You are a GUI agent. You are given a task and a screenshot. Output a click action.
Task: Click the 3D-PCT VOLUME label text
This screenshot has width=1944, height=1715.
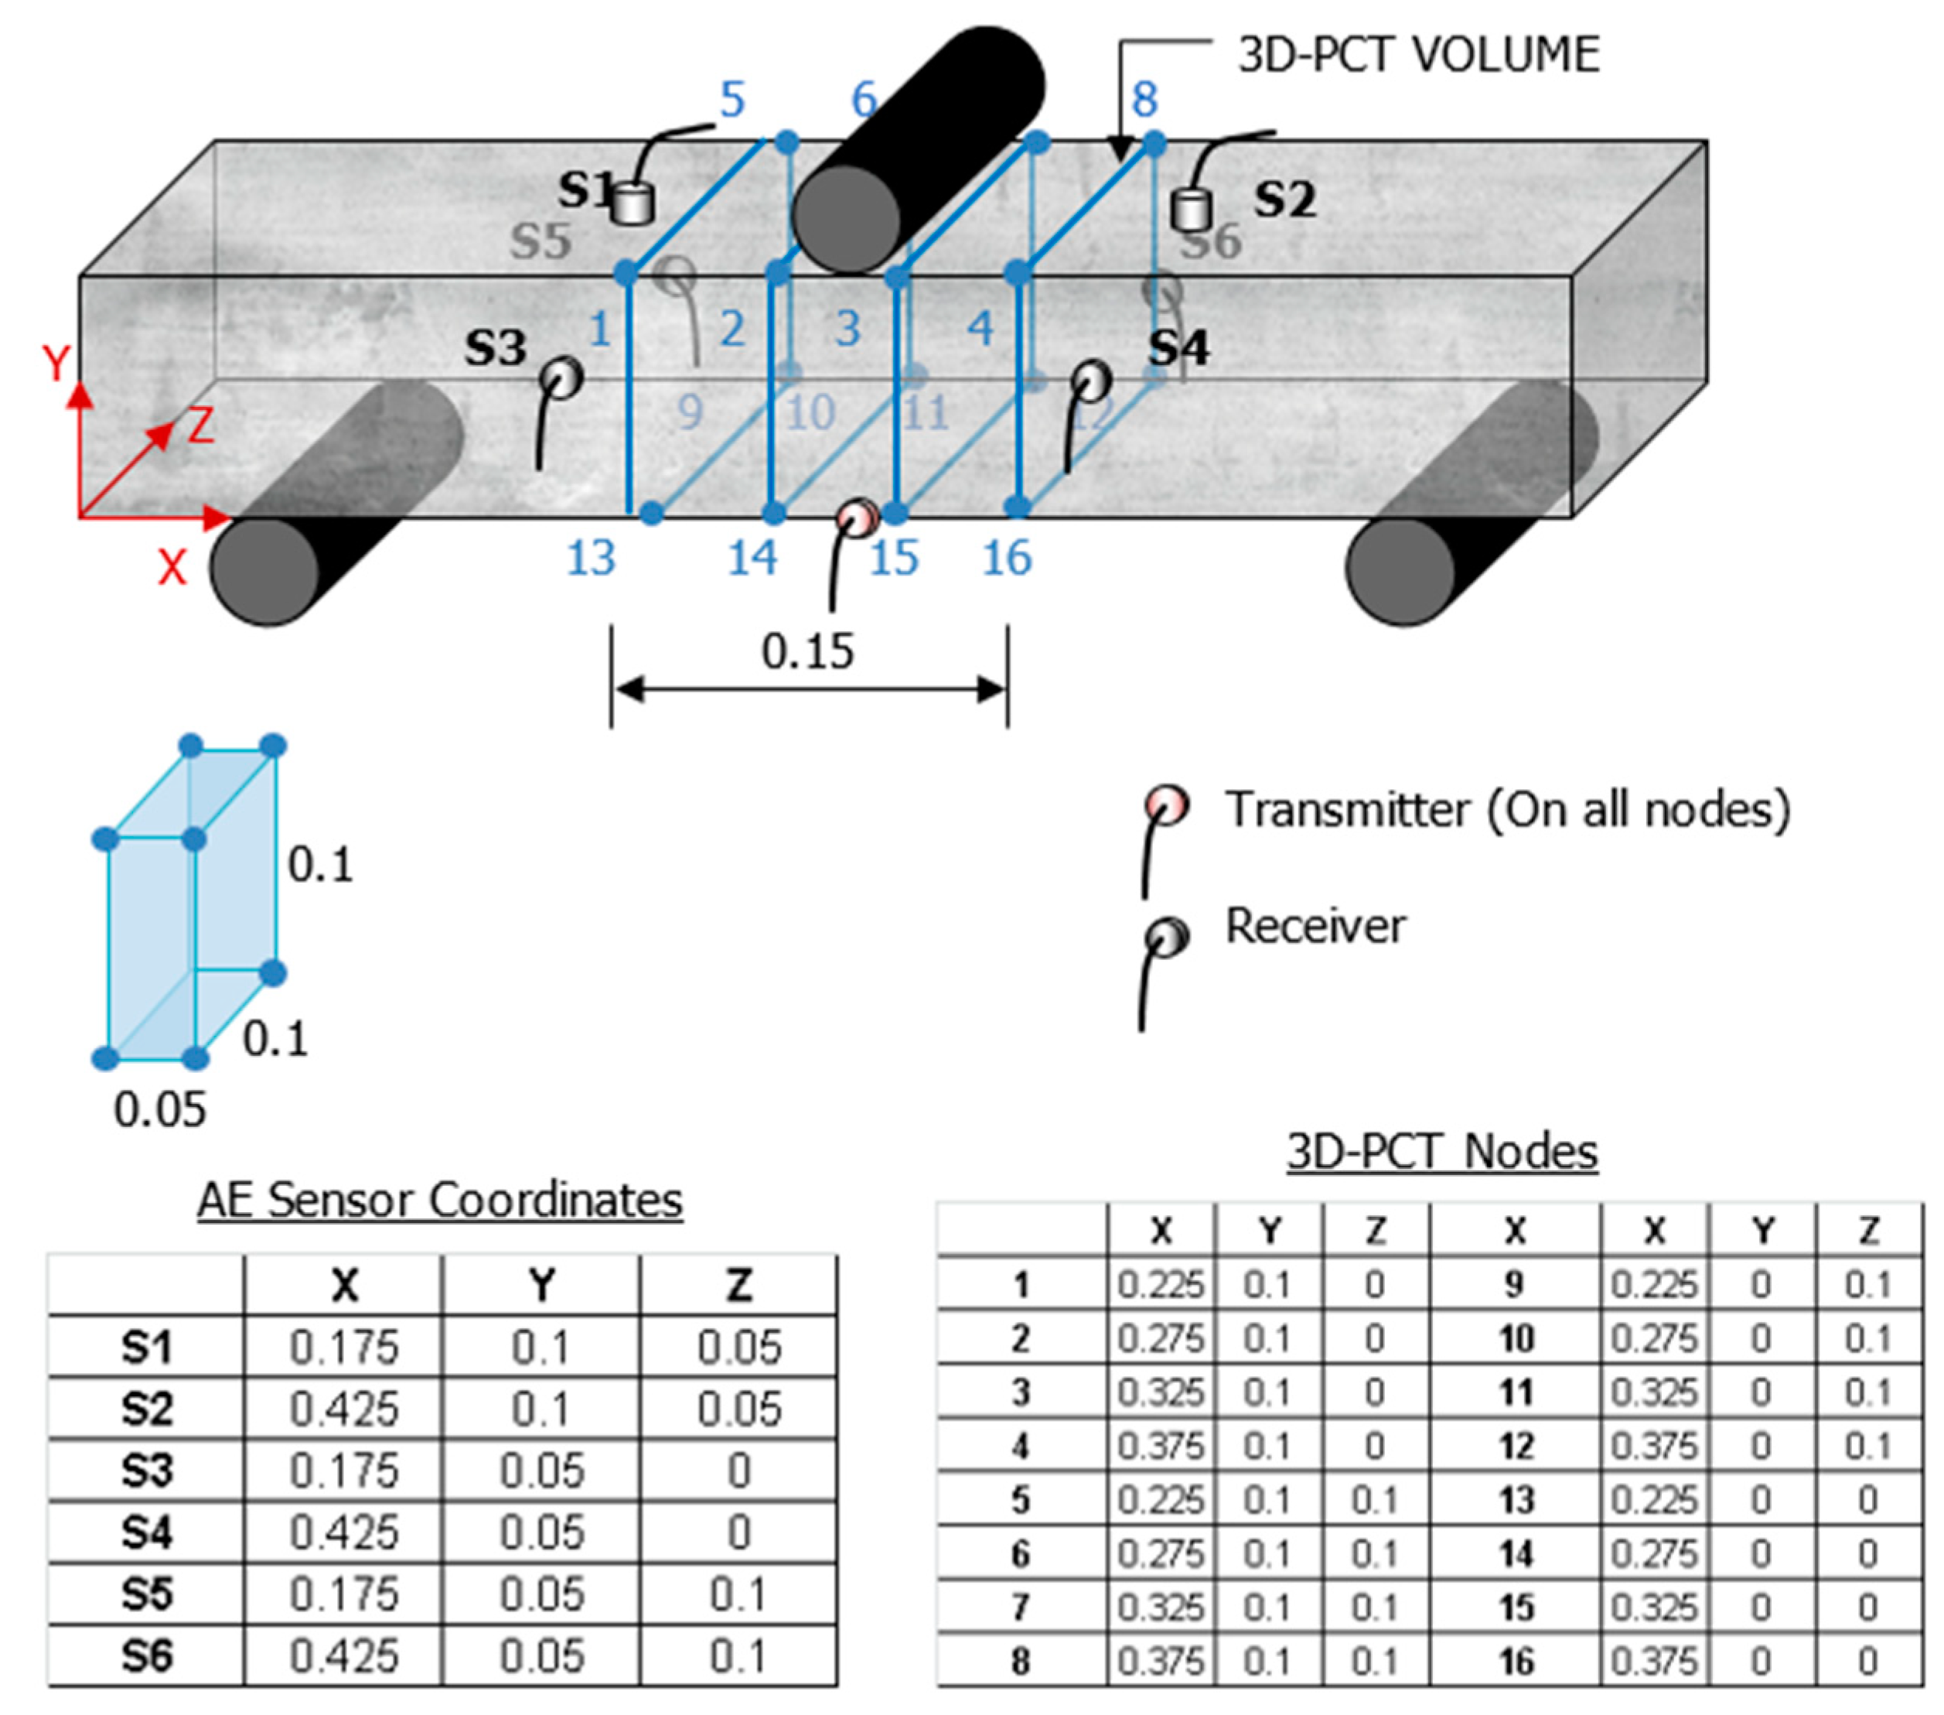1417,54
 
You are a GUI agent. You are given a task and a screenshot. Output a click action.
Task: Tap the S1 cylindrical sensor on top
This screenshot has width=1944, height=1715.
632,203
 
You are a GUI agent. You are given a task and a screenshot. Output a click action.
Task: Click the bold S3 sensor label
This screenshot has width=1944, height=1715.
495,347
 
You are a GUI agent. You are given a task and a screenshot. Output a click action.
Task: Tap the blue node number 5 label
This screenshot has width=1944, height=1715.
732,99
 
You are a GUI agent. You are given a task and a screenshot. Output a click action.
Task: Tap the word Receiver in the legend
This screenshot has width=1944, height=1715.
1315,925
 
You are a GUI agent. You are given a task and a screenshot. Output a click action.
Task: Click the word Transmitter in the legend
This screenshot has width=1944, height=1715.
1345,809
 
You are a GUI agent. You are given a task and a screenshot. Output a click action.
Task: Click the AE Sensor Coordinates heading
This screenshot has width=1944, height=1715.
439,1200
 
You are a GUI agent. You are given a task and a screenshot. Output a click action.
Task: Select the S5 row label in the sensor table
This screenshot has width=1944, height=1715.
145,1594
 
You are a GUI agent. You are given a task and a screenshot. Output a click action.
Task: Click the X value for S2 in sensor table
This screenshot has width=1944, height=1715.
343,1409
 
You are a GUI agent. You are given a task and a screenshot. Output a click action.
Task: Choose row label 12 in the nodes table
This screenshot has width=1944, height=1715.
1516,1447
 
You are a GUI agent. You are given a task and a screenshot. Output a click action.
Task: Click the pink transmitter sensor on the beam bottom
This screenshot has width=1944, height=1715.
857,518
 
